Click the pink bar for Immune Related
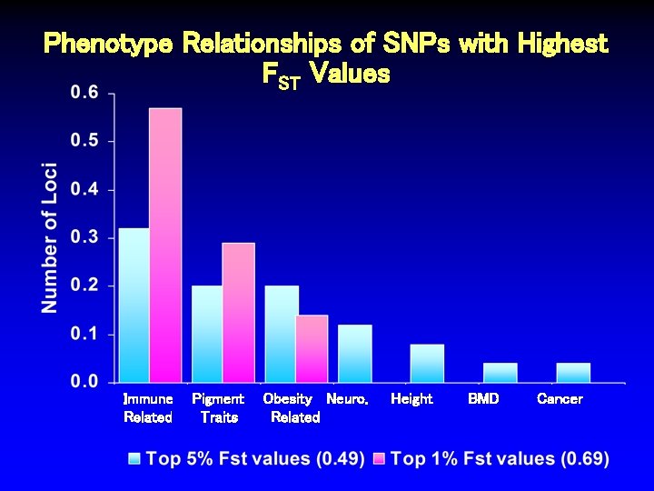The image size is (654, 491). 165,245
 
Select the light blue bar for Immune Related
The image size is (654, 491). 134,305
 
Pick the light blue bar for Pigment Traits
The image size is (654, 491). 207,334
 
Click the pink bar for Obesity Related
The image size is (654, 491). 312,348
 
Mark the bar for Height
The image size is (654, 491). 427,363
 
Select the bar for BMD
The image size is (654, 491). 500,373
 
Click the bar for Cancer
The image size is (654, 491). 573,373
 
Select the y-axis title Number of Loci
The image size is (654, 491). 50,237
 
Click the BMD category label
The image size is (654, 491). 483,399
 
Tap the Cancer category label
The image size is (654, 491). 560,399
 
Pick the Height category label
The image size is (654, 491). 411,399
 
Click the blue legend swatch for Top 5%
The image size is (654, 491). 135,459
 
